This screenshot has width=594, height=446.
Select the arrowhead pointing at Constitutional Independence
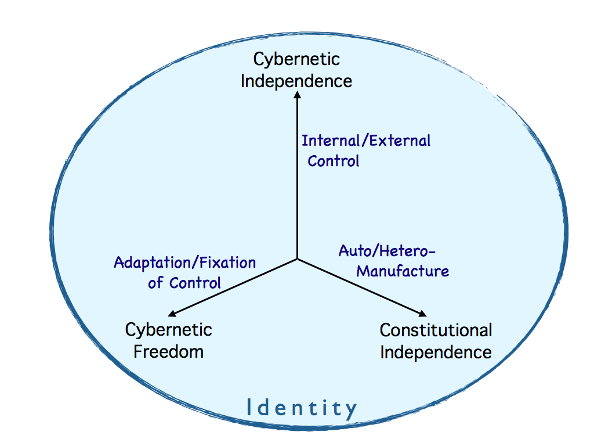[428, 314]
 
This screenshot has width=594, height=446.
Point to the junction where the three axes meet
[297, 258]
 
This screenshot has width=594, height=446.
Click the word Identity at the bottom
[301, 409]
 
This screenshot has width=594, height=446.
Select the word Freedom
[168, 351]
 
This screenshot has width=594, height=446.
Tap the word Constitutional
[436, 330]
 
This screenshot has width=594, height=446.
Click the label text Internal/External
[366, 141]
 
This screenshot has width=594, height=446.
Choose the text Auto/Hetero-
[387, 251]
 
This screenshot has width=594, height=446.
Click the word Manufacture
[403, 271]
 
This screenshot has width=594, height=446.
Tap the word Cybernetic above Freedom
[168, 330]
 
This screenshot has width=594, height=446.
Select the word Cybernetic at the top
[296, 59]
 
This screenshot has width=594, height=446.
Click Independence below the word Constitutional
[436, 352]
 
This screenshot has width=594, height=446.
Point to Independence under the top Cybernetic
[296, 80]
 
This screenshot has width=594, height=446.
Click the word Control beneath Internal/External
[334, 160]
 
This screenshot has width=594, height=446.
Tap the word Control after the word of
[195, 283]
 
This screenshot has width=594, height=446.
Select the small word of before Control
[156, 283]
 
